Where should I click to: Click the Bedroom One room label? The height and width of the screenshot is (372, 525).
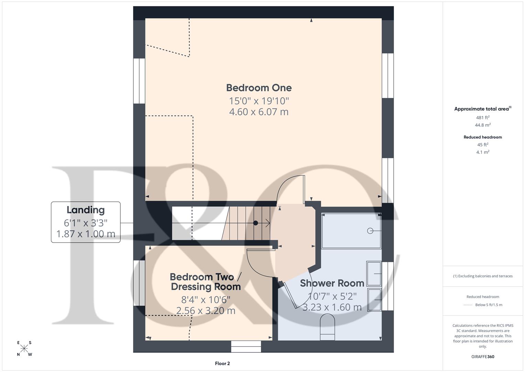[x=259, y=88]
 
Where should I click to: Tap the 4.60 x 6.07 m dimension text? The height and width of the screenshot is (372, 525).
[x=259, y=112]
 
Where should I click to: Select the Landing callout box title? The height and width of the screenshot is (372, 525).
[x=86, y=210]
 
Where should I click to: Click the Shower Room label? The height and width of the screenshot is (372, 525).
[x=332, y=283]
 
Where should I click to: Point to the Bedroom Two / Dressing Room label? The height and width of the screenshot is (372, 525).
[x=206, y=282]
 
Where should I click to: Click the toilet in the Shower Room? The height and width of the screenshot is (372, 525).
[x=327, y=327]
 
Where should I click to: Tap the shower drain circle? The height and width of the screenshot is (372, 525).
[x=370, y=231]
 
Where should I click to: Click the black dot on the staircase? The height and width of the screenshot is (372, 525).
[x=255, y=223]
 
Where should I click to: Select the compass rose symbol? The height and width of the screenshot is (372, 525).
[x=24, y=349]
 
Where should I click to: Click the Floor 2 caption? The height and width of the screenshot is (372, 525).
[x=222, y=363]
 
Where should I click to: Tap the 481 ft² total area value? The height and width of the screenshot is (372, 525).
[x=483, y=117]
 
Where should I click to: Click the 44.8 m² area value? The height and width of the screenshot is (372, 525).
[x=483, y=125]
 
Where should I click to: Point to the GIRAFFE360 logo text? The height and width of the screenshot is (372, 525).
[x=483, y=356]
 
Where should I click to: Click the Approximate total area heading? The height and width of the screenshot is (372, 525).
[x=481, y=109]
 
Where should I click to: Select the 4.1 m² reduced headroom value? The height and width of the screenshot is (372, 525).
[x=483, y=152]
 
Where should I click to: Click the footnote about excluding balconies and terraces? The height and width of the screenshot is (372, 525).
[x=483, y=276]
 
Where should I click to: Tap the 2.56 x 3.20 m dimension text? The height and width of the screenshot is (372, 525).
[x=206, y=311]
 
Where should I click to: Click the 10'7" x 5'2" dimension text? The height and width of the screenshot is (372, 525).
[x=332, y=296]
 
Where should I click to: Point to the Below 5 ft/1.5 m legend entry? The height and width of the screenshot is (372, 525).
[x=488, y=305]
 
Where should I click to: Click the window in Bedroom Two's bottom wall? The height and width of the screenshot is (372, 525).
[x=246, y=347]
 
